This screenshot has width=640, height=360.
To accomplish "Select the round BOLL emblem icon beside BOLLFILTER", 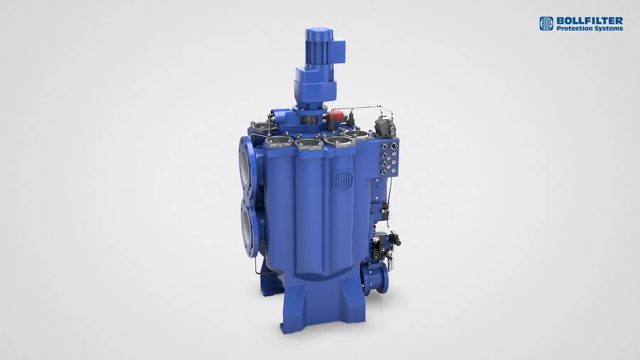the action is tap(546, 23).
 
